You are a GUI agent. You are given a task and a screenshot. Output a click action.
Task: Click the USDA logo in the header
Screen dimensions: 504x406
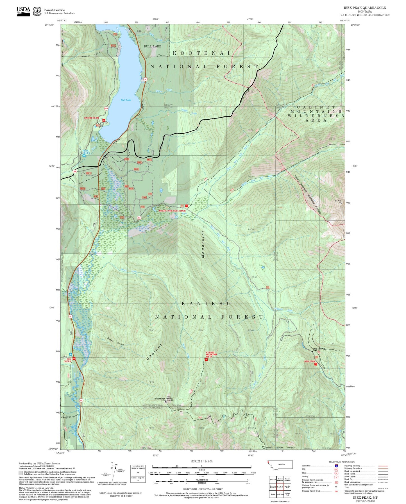[x=23, y=11]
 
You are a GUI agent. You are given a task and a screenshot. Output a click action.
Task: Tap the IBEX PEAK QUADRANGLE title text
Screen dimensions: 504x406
[x=365, y=8]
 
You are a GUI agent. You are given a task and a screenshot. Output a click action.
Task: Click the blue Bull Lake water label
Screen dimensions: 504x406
[x=126, y=100]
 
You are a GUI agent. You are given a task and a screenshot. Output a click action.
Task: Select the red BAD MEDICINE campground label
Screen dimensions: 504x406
[x=92, y=118]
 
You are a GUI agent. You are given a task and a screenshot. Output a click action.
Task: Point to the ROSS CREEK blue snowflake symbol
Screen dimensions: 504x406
[x=84, y=155]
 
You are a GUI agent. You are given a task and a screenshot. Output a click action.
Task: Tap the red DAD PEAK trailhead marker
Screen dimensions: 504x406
[x=316, y=364]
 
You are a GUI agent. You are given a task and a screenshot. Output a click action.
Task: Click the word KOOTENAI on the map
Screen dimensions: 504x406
[x=201, y=53]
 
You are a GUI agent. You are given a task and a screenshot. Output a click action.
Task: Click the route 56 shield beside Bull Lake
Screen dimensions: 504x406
[x=145, y=80]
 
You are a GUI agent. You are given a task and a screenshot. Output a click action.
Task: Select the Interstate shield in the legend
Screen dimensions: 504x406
[x=336, y=466]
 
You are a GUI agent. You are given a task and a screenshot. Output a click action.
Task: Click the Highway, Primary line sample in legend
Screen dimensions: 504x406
[x=383, y=466]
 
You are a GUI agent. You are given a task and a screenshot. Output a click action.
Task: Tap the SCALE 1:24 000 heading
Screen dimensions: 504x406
[x=201, y=461]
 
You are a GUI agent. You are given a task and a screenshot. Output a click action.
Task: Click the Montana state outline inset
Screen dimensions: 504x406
[x=280, y=465]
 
